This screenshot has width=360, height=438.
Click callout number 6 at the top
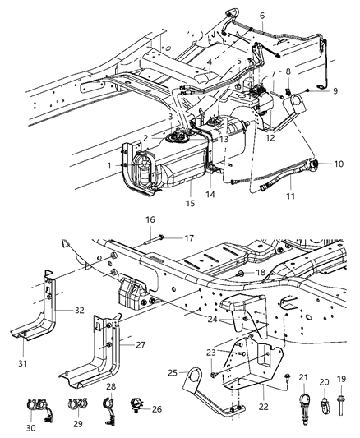pyautogui.click(x=239, y=16)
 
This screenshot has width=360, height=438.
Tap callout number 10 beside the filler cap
pyautogui.click(x=339, y=164)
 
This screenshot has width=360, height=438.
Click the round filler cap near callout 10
pyautogui.click(x=316, y=165)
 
